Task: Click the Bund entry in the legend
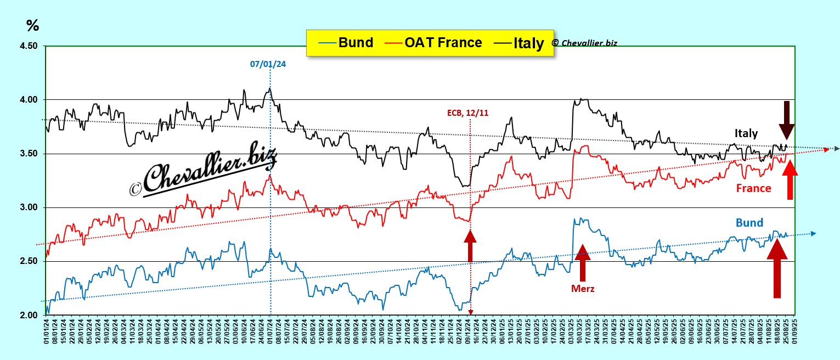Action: [346, 43]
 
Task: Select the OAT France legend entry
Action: [433, 43]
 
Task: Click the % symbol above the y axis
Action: [32, 25]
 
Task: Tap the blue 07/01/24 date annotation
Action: [268, 64]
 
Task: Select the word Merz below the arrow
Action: [582, 289]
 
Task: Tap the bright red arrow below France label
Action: [790, 181]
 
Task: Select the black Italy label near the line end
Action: [746, 133]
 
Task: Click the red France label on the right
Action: [753, 188]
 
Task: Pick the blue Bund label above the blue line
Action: [749, 222]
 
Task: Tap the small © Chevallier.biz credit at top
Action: [584, 43]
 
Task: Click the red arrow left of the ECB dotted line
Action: [470, 245]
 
